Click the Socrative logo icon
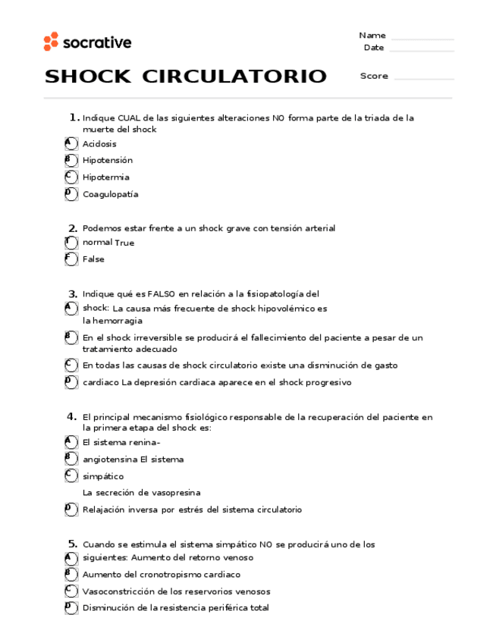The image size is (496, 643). point(51,42)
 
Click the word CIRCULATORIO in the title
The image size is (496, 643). point(234,77)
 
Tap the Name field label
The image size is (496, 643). point(372,36)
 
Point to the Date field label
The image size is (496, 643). point(374,48)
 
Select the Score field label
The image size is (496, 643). point(374,76)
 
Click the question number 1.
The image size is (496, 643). point(74,118)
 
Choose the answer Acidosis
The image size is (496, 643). point(99,144)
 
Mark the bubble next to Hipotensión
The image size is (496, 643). point(71,160)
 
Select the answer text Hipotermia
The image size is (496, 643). point(106,177)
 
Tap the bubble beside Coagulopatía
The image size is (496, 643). point(71,194)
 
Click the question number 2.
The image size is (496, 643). point(73,228)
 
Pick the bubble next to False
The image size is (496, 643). point(71,259)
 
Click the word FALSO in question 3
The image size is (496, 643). point(162,294)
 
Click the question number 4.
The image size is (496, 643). point(72,416)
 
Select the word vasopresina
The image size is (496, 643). point(175,493)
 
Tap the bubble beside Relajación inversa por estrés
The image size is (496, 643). point(71,510)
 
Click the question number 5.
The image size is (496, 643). point(72,544)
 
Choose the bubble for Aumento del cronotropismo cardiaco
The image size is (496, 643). point(71,574)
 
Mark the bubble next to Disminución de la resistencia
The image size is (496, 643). point(71,608)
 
